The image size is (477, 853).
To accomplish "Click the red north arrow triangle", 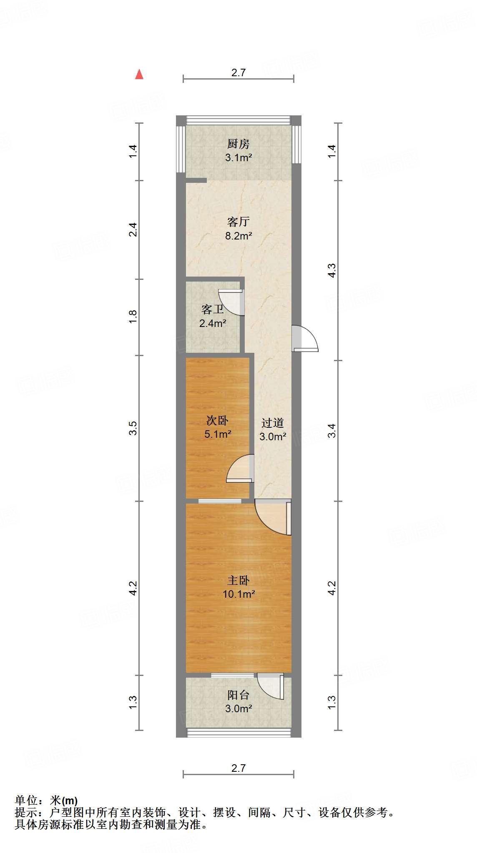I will [139, 75].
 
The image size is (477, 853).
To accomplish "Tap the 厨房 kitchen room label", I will [238, 144].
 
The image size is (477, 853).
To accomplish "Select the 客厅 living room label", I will [238, 222].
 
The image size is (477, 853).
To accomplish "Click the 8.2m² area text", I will [238, 236].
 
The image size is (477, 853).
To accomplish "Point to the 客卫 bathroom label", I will [213, 309].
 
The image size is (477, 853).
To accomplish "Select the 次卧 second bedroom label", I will [217, 420].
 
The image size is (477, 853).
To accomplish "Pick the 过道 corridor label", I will [272, 423].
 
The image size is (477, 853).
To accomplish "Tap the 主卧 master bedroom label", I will [238, 580].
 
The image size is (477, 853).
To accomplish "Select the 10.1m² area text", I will [238, 594].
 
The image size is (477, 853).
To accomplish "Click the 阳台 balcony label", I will [238, 695].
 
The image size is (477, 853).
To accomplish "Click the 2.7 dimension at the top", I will [238, 72].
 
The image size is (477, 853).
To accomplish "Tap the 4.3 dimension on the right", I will [331, 270].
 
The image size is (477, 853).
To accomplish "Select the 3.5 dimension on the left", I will [133, 428].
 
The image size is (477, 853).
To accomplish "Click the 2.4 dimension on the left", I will [133, 229].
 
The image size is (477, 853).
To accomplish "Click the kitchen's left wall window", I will [181, 149].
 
